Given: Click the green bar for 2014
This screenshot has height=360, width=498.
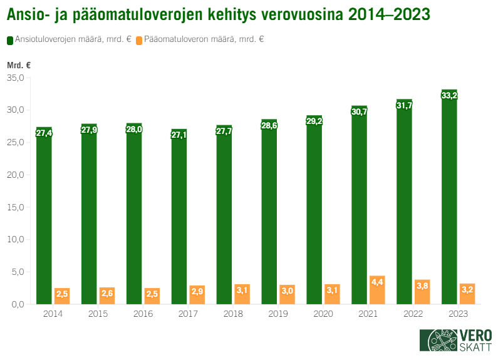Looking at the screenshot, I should [x=44, y=216].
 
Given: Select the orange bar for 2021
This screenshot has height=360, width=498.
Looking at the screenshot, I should [x=377, y=290].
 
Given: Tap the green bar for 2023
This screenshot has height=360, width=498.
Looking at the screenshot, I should [x=449, y=197].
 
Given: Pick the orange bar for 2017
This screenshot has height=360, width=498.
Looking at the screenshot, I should [x=197, y=295].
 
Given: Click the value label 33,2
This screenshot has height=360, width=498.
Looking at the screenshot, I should [x=449, y=96].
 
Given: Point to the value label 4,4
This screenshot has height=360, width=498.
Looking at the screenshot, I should [x=377, y=283].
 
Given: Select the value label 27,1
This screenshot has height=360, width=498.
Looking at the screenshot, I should [x=179, y=135].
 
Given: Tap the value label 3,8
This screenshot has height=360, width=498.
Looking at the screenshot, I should [x=422, y=285].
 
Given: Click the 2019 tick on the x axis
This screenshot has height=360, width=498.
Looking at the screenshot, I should [x=278, y=314].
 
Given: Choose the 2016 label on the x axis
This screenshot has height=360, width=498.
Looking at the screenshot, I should [x=143, y=314].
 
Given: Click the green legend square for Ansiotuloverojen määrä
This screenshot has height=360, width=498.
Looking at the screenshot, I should [x=10, y=39].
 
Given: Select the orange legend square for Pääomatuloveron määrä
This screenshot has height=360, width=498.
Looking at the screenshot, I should [x=139, y=39].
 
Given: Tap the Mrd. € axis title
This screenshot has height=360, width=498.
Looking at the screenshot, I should [x=19, y=65].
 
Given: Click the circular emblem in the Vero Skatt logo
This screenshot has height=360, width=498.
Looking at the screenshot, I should [x=438, y=340].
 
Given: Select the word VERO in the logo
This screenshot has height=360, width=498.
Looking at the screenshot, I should [x=475, y=335].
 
